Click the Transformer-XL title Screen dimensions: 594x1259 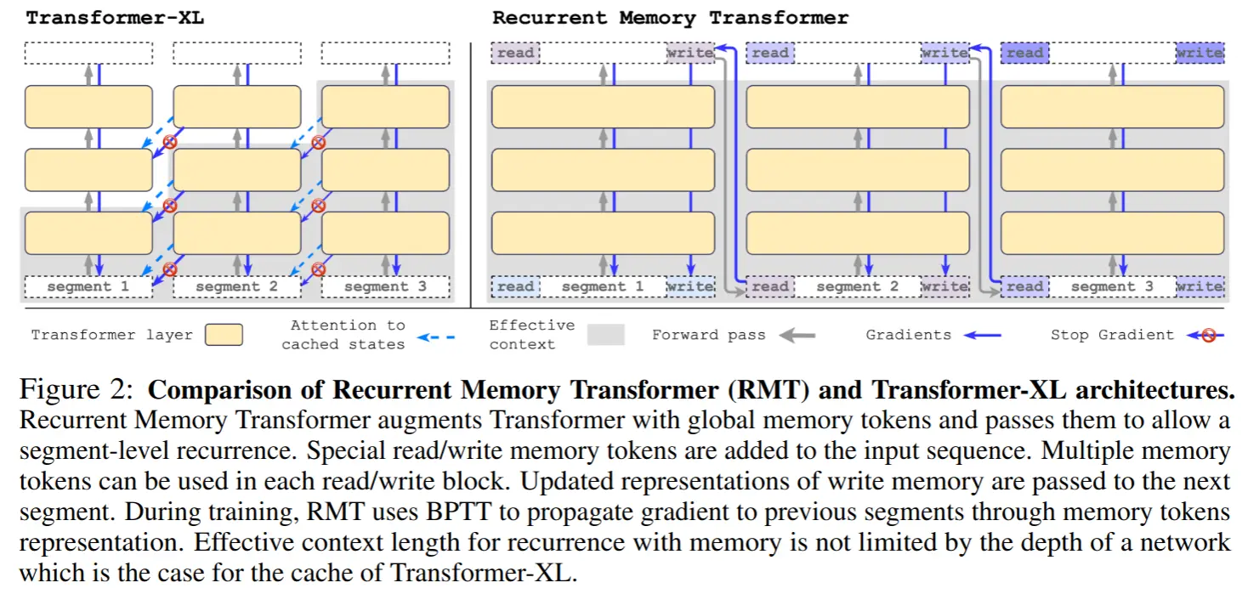[x=115, y=18]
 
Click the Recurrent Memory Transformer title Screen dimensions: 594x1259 [x=670, y=18]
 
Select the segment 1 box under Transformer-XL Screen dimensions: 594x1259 [x=88, y=287]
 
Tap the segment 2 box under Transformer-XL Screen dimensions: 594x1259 [x=236, y=287]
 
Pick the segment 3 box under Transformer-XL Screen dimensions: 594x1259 [x=385, y=287]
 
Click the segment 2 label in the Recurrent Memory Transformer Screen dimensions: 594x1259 [x=857, y=287]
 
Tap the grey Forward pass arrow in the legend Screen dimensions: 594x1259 [x=797, y=335]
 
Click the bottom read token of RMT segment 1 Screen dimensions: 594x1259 [x=515, y=287]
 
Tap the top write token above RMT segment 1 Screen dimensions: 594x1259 [x=690, y=53]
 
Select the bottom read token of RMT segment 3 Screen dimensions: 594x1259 [x=1024, y=287]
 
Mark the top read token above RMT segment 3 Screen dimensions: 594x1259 [x=1024, y=53]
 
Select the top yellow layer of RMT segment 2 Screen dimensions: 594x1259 [x=857, y=107]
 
